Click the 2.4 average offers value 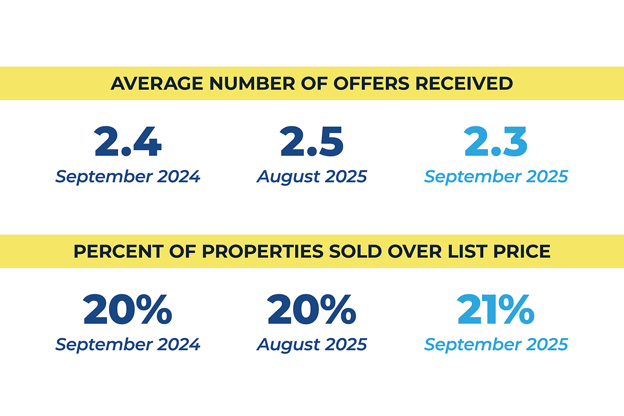128,142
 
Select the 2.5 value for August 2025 312,142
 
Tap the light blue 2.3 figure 496,142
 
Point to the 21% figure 496,310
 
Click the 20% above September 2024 128,310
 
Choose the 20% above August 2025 312,310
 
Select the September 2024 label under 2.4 128,177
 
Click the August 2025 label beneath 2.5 312,177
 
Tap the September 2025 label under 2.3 496,177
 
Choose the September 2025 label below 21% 496,345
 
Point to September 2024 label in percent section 128,345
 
